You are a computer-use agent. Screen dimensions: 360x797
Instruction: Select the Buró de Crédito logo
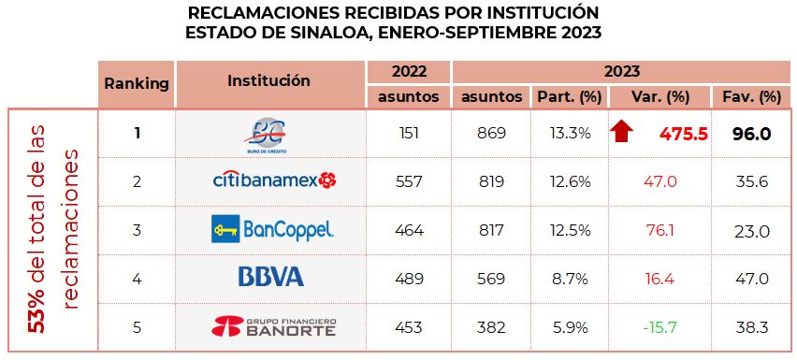click(x=271, y=134)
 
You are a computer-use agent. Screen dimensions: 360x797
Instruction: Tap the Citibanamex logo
click(x=273, y=180)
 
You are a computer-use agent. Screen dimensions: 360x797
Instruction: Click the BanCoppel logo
click(x=272, y=229)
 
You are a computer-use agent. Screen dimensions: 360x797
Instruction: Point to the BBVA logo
click(x=271, y=277)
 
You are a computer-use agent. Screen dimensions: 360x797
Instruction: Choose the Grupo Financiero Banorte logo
click(x=273, y=326)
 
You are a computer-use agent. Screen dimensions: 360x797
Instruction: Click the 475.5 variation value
click(x=683, y=134)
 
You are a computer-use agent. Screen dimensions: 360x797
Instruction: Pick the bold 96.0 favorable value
click(x=746, y=134)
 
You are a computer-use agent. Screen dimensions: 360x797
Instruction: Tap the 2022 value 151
click(x=409, y=134)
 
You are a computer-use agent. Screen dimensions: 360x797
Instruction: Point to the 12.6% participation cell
click(x=571, y=181)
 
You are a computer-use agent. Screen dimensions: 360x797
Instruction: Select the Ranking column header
click(x=137, y=83)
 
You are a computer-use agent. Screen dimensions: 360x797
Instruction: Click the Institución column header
click(x=268, y=81)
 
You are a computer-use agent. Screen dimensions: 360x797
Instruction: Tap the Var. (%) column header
click(x=659, y=96)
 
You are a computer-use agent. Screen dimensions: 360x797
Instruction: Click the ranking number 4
click(x=137, y=278)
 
